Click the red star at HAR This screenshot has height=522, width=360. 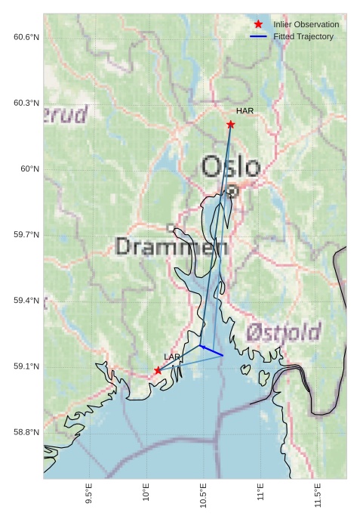(230, 124)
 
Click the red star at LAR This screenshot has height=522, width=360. (158, 370)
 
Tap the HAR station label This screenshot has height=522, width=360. (245, 111)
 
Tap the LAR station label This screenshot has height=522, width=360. (172, 357)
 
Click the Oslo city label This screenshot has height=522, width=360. (231, 167)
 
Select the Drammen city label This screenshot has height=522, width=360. (171, 246)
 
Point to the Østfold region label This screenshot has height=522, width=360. (283, 332)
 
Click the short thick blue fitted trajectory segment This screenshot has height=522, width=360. (212, 351)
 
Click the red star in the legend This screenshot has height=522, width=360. (258, 24)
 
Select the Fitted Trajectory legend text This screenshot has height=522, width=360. (303, 36)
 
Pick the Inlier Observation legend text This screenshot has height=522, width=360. (306, 24)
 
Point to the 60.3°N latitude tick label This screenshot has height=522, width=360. (26, 103)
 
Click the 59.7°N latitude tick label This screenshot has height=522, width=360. (26, 235)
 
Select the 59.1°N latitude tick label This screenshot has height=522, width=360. (26, 366)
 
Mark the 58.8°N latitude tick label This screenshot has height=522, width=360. (26, 432)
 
